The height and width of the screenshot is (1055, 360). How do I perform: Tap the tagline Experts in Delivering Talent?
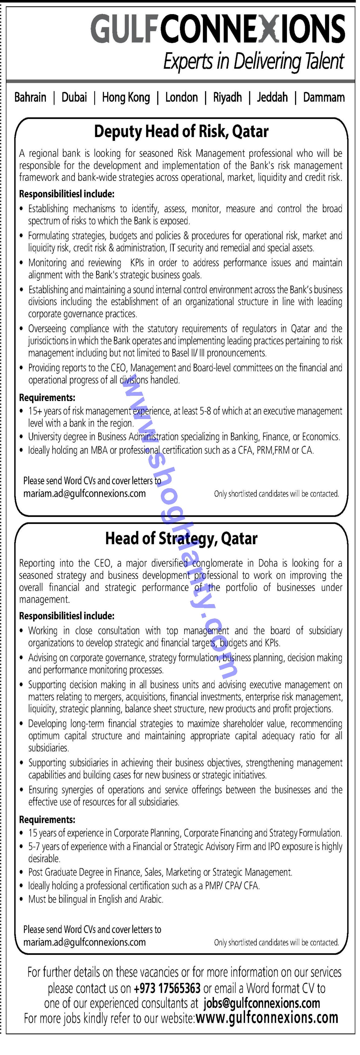254,62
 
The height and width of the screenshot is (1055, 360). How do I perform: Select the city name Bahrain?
30,98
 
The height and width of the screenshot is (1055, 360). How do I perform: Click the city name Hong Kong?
126,98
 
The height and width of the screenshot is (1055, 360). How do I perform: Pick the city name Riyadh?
227,98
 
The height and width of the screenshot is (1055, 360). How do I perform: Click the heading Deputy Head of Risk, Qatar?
181,132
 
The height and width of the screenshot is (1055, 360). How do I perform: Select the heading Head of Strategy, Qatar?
181,538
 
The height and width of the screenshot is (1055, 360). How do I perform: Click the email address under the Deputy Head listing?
84,494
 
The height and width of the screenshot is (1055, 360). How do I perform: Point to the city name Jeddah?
272,98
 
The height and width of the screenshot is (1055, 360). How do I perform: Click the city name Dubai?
74,98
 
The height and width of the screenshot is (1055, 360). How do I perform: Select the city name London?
181,98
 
